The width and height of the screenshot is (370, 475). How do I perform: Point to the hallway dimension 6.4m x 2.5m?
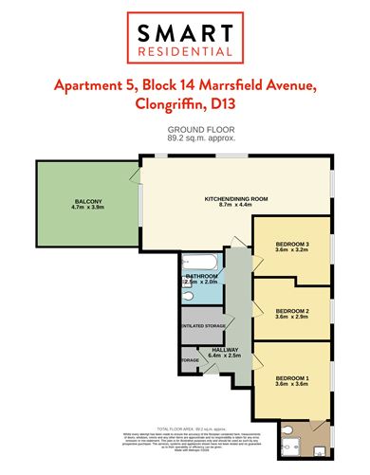click(x=225, y=358)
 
